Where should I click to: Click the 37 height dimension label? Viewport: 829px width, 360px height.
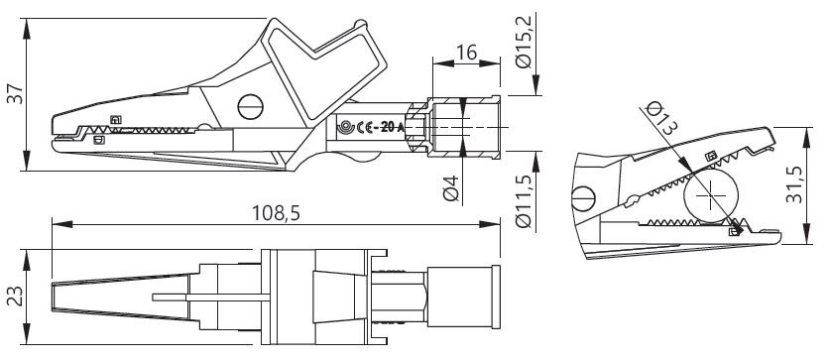coord(17,93)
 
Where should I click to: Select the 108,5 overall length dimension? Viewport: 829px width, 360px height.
coord(276,212)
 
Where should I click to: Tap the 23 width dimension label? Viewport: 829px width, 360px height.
coord(15,297)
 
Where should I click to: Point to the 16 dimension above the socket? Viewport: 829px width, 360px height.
coord(466,53)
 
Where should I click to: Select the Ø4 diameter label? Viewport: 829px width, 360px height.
coord(450,187)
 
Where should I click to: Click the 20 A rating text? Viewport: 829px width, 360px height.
coord(393,127)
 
